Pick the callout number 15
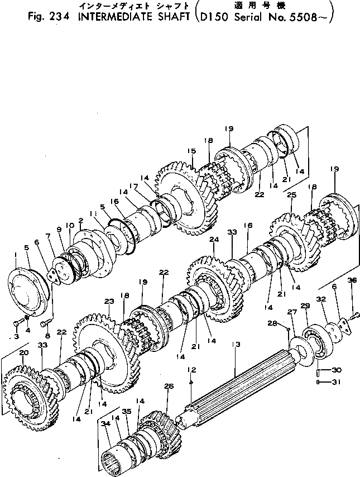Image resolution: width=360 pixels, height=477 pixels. pyautogui.click(x=191, y=151)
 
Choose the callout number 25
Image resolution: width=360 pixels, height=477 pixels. pyautogui.click(x=291, y=195)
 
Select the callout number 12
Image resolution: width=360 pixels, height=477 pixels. pyautogui.click(x=191, y=369)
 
